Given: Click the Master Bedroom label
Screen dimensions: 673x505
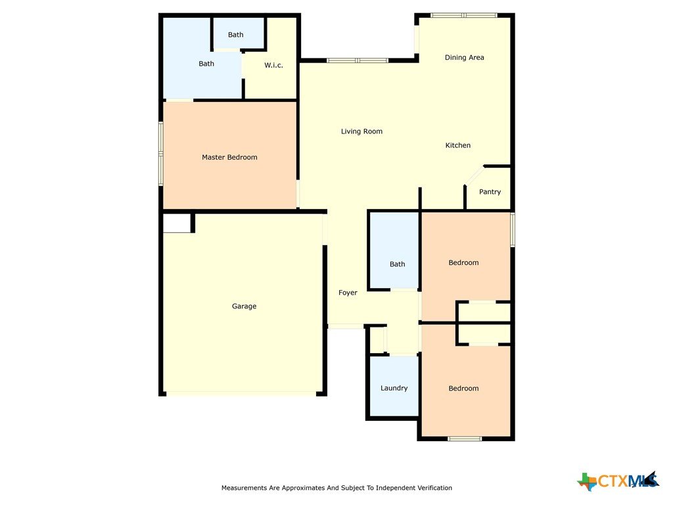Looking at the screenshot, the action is click(x=229, y=157).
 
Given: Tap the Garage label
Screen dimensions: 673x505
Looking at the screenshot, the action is click(x=244, y=306).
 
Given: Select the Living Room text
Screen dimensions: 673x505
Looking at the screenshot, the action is click(x=362, y=132).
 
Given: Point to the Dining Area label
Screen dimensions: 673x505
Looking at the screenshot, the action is click(x=465, y=58).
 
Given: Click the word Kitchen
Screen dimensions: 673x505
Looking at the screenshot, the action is click(x=458, y=145).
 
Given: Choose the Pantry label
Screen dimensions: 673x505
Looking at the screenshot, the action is click(x=490, y=192).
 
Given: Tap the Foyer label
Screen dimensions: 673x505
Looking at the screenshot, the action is click(x=348, y=293).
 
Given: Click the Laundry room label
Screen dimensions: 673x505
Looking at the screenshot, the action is click(x=394, y=388).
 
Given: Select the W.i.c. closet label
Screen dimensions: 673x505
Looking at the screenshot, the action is click(x=273, y=65).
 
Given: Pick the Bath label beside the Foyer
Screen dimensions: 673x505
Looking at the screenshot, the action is click(x=398, y=264).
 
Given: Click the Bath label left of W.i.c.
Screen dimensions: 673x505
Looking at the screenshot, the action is click(x=206, y=64).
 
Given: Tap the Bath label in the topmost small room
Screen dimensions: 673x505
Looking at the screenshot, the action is click(x=236, y=35).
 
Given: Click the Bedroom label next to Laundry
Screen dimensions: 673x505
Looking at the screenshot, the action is click(x=463, y=388).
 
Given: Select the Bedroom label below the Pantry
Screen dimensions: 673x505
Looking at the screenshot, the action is click(x=463, y=262).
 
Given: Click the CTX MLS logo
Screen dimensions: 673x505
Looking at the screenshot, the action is click(x=618, y=481).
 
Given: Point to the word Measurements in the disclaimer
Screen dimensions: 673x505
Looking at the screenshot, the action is click(x=244, y=488).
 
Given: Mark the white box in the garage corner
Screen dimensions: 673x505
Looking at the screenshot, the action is click(x=177, y=224).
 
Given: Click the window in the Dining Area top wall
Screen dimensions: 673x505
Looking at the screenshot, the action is click(x=464, y=16).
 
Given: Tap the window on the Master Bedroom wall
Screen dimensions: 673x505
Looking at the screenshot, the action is click(x=161, y=153).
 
